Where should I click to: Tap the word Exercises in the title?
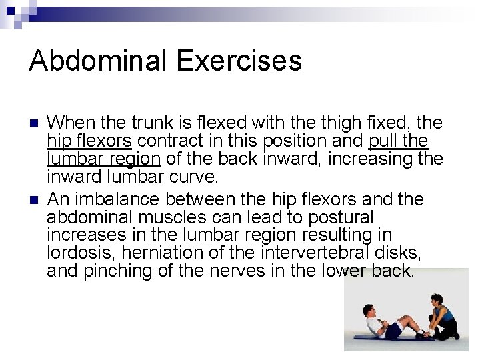[239, 61]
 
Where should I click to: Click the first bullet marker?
[34, 123]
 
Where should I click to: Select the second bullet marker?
[34, 199]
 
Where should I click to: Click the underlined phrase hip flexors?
[89, 141]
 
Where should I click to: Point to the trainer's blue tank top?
[446, 313]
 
